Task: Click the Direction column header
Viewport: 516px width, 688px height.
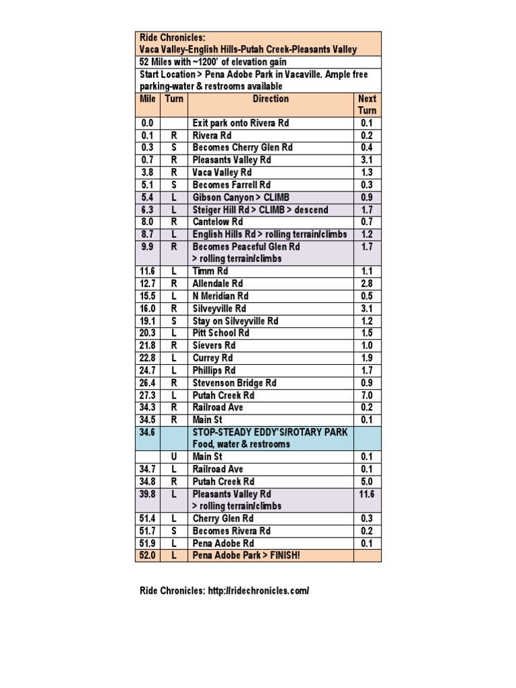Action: click(271, 99)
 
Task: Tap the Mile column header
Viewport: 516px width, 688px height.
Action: click(148, 99)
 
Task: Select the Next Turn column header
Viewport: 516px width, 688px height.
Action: click(367, 104)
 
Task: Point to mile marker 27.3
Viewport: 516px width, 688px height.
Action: click(148, 395)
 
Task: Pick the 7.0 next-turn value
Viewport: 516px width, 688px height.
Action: click(367, 395)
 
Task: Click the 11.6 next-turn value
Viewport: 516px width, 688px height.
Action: click(367, 494)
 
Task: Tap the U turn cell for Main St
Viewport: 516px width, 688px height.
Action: click(173, 457)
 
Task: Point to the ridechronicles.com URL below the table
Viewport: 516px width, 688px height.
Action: click(258, 591)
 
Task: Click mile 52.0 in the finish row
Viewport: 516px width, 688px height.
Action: click(148, 556)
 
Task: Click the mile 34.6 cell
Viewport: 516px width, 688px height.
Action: click(148, 432)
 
